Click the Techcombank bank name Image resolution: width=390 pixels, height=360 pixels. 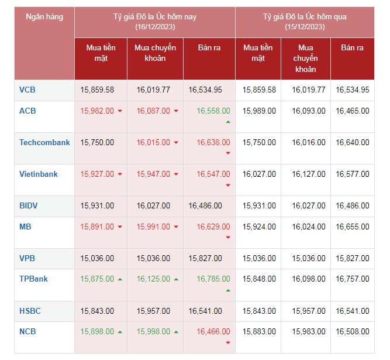tap(44, 142)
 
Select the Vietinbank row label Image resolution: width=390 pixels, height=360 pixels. tap(39, 174)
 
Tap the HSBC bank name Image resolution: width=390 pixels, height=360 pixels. tap(30, 311)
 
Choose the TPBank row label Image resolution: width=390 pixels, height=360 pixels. tap(33, 279)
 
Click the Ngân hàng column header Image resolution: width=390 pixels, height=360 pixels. tap(44, 17)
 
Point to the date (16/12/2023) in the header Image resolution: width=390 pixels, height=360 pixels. tap(155, 27)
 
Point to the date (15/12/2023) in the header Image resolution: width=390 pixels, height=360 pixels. tap(305, 27)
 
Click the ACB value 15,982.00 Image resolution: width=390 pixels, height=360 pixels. tap(97, 111)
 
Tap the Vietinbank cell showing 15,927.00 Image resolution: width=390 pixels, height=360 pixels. tap(97, 174)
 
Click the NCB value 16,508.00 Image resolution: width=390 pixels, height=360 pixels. tap(353, 331)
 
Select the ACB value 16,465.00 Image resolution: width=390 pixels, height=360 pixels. tap(353, 111)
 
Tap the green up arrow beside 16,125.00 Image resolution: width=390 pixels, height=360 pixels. tap(177, 279)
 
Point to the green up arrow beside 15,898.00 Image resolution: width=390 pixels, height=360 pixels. tap(120, 332)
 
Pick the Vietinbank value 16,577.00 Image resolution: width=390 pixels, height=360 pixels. tap(353, 174)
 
